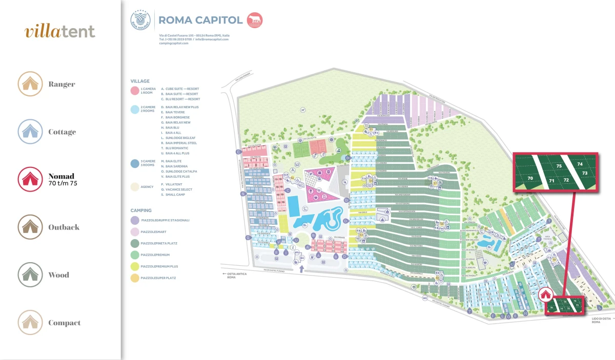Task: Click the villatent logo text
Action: click(60, 32)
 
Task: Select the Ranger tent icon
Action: click(30, 84)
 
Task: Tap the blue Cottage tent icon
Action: click(30, 132)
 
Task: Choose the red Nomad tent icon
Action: click(30, 179)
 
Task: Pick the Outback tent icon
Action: click(30, 227)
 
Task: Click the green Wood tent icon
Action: click(30, 275)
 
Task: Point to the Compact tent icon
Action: click(30, 323)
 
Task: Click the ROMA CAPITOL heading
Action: click(200, 20)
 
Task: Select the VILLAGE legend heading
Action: click(140, 81)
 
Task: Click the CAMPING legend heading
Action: click(141, 210)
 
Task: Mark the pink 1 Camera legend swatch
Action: click(135, 91)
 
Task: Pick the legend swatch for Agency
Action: click(135, 187)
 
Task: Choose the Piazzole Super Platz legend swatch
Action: click(135, 278)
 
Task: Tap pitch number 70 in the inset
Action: click(530, 178)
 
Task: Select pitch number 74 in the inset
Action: click(580, 164)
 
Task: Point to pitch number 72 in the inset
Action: click(566, 180)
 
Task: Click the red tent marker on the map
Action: click(545, 294)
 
